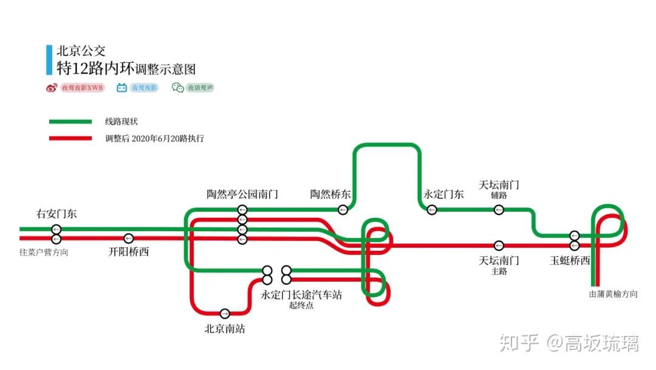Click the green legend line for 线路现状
(x=70, y=122)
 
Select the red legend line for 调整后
(x=70, y=138)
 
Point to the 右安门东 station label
(x=56, y=214)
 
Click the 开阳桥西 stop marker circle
(x=128, y=238)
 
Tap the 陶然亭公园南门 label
(x=242, y=195)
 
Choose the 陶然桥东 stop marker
(x=343, y=210)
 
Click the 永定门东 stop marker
(x=432, y=210)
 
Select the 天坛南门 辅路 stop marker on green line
(x=499, y=210)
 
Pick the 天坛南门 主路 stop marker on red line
(x=499, y=246)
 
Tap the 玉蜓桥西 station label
(x=570, y=260)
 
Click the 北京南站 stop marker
(x=225, y=313)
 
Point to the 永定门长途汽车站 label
(x=301, y=295)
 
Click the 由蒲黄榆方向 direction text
(x=613, y=294)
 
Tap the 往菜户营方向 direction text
(x=44, y=252)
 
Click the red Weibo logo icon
(x=52, y=88)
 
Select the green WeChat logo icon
(x=177, y=88)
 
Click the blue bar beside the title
(x=49, y=60)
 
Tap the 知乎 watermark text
(x=519, y=343)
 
